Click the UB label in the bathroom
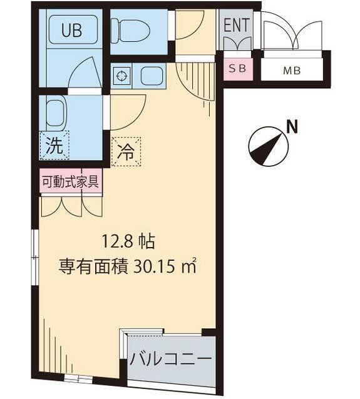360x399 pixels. coord(71,31)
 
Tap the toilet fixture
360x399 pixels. coord(130,29)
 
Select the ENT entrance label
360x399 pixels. coord(235,26)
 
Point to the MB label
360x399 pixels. coord(292,70)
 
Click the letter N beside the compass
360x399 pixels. coord(291,127)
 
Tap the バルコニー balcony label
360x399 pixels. coord(171,359)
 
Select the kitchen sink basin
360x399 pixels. coord(152,77)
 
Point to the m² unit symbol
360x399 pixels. coord(189,267)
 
